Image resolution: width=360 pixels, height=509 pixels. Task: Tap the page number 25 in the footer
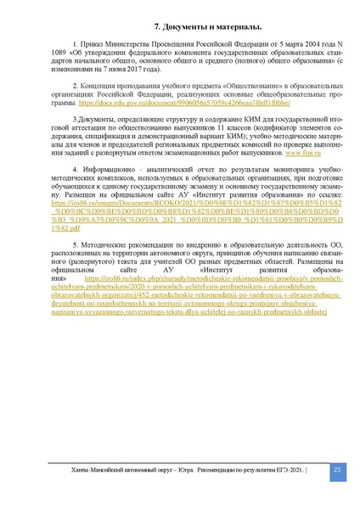(x=336, y=471)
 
